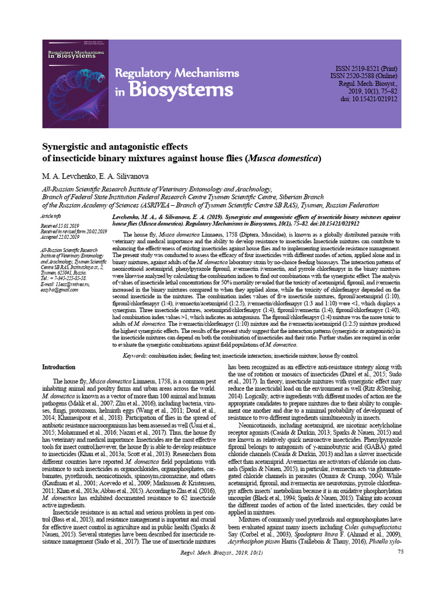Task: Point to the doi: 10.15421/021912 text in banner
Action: point(369,99)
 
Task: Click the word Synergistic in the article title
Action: point(70,147)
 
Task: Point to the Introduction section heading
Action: point(60,367)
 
